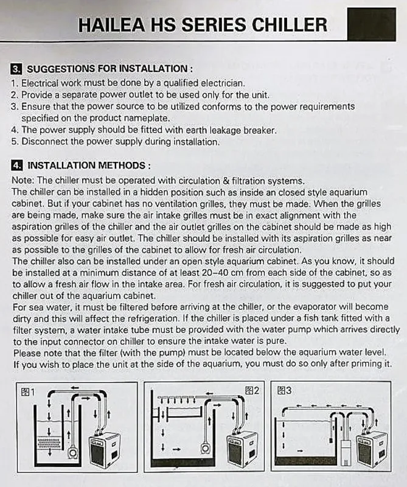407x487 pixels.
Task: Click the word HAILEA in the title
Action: pyautogui.click(x=112, y=25)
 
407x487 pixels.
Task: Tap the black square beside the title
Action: pyautogui.click(x=372, y=24)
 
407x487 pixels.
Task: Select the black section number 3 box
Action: pyautogui.click(x=16, y=69)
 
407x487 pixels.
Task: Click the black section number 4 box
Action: pyautogui.click(x=17, y=165)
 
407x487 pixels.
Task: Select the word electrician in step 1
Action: pyautogui.click(x=222, y=83)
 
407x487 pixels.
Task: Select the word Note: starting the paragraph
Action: pyautogui.click(x=23, y=180)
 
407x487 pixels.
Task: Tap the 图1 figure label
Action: pyautogui.click(x=27, y=392)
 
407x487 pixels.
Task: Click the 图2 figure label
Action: pyautogui.click(x=251, y=391)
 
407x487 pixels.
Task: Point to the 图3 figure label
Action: pyautogui.click(x=284, y=390)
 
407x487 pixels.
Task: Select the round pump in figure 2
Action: pyautogui.click(x=205, y=448)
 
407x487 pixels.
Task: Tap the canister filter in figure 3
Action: pyautogui.click(x=346, y=454)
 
